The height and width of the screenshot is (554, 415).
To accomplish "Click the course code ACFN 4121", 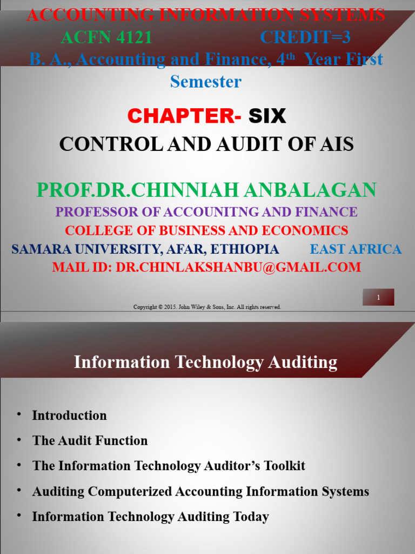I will click(106, 37).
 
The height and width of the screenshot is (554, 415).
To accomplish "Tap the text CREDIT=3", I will click(305, 37).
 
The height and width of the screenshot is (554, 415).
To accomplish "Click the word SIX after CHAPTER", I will click(267, 116).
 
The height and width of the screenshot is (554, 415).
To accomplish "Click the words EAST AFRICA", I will click(356, 249).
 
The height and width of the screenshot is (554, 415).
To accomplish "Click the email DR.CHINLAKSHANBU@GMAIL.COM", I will click(238, 267).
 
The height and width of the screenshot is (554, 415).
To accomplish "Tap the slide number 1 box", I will click(378, 297).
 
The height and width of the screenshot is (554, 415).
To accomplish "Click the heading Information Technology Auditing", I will click(205, 362).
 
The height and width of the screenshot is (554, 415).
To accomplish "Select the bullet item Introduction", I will click(69, 415).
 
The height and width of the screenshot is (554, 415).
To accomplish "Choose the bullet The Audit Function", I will click(90, 441).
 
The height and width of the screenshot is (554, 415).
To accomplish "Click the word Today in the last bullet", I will click(251, 517).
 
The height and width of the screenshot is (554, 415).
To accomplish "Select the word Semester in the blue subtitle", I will click(205, 82).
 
